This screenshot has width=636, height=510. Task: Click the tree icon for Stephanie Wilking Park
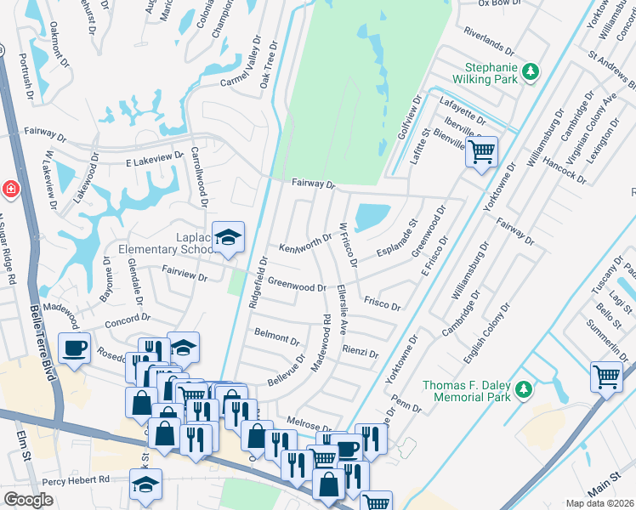531,71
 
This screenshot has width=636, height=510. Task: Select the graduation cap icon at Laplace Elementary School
227,239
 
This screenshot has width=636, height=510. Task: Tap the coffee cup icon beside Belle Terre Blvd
75,348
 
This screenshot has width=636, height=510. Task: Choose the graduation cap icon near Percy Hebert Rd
145,484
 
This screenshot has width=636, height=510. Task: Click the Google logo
28,500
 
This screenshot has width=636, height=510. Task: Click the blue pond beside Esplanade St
370,218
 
